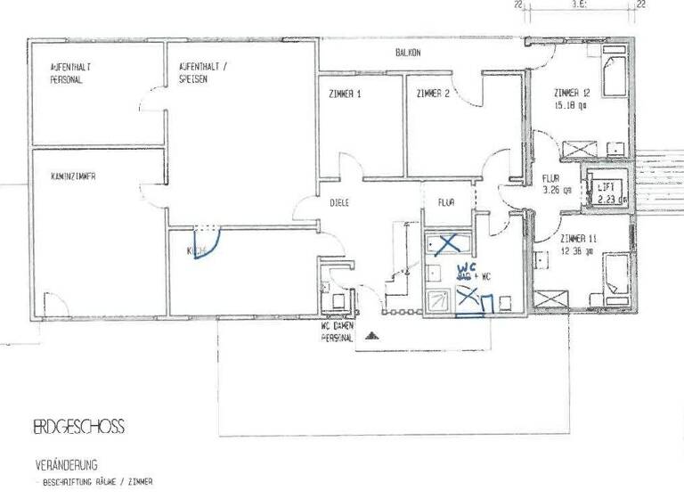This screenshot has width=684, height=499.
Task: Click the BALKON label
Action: pos(408,53)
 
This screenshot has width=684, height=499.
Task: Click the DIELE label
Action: pos(340,203)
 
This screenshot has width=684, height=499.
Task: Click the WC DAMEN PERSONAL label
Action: pos(338,332)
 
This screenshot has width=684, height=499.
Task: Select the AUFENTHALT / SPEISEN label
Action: pos(206,74)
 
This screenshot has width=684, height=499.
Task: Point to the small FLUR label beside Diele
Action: pos(446,203)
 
